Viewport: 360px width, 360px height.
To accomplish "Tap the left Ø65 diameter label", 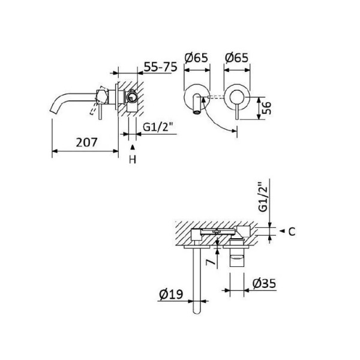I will click(196, 58).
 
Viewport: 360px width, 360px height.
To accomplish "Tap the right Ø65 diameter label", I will click(237, 58).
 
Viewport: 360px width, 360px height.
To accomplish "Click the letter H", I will click(133, 159).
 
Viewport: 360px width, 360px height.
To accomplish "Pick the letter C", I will click(290, 230).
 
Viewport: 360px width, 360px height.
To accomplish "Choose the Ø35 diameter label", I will click(264, 283).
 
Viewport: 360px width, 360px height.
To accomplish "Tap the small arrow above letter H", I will click(133, 147).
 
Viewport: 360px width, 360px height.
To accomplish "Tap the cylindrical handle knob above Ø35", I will click(240, 261).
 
